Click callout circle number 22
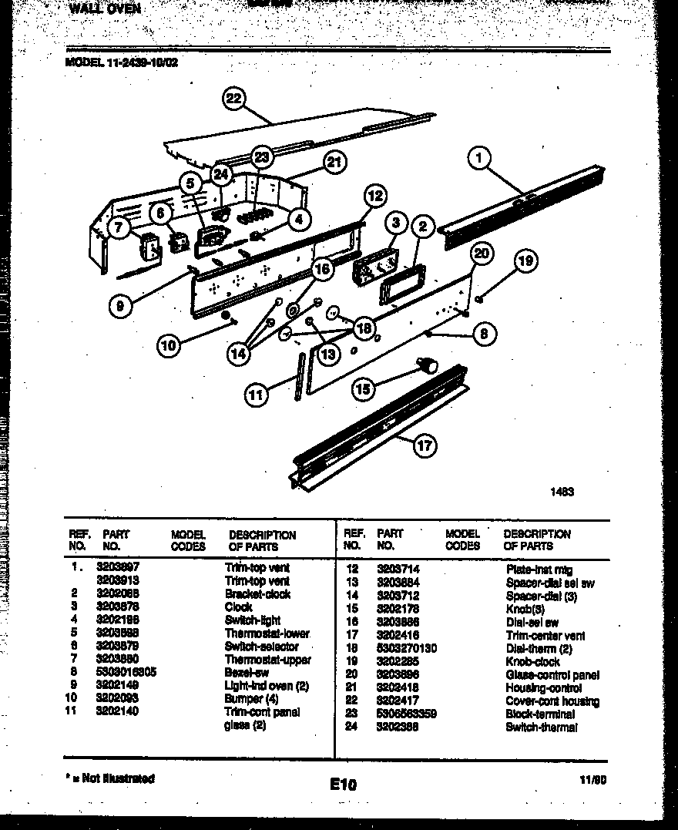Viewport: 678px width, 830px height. click(234, 99)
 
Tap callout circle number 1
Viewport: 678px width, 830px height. click(479, 159)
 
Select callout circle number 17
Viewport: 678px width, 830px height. click(424, 445)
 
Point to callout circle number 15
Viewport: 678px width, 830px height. click(363, 389)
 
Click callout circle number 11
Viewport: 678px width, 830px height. click(257, 395)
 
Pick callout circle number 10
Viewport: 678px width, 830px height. click(169, 346)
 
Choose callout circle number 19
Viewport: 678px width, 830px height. click(526, 261)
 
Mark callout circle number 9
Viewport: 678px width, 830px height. click(120, 306)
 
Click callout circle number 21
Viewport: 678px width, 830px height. click(334, 163)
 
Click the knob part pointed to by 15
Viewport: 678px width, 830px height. click(427, 362)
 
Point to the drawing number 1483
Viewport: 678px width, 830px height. click(562, 490)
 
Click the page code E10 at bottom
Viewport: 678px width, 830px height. click(344, 785)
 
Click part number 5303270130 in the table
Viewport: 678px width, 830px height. click(406, 648)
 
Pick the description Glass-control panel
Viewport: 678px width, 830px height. click(551, 674)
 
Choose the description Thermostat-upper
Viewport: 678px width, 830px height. click(267, 660)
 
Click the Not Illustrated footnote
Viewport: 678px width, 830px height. click(111, 778)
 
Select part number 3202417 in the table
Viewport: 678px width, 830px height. click(398, 701)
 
